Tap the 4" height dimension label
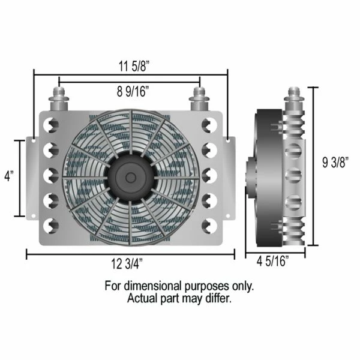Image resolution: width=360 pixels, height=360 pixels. (9, 178)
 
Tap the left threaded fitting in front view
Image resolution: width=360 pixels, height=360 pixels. (59, 99)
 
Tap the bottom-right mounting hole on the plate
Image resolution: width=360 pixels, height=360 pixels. (209, 226)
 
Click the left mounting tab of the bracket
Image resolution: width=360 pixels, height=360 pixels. (33, 177)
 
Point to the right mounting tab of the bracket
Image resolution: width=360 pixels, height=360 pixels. (230, 177)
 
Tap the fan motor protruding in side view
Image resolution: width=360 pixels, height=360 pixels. (251, 177)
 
